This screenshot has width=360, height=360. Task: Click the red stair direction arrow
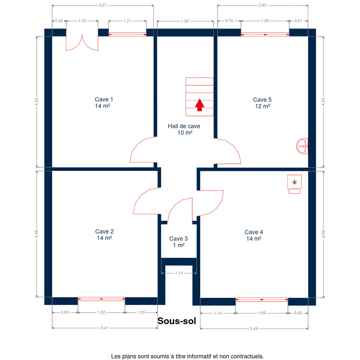point(200,105)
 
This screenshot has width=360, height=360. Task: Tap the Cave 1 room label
point(104,103)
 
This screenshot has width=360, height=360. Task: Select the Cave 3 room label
point(178,242)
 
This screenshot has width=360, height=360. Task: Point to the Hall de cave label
point(184,129)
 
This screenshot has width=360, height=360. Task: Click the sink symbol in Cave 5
point(302,146)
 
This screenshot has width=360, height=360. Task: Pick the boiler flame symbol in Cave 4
point(294,182)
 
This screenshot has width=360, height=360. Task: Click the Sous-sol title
point(177,321)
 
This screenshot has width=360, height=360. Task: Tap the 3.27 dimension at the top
point(103,5)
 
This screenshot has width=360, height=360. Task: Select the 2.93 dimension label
point(262,5)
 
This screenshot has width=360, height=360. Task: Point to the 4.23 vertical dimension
point(37,102)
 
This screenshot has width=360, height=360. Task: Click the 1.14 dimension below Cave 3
point(179,273)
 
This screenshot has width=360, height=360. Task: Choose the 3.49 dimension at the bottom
point(254,329)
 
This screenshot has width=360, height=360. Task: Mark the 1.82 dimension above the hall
point(185,21)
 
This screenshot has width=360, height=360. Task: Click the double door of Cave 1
point(82,42)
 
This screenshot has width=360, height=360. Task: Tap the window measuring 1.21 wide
point(127,35)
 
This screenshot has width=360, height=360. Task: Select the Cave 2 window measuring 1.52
point(101,299)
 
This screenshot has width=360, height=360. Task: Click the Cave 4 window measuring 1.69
point(262,300)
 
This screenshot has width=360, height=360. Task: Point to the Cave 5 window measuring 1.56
point(265,35)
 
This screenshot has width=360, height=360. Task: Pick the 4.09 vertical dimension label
point(323,234)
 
